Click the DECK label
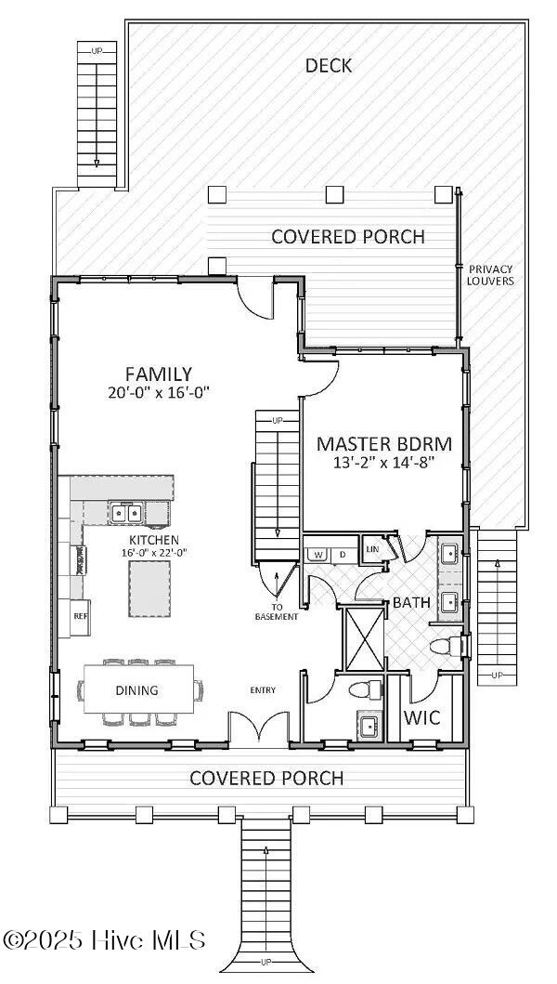328,65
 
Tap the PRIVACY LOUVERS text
491,275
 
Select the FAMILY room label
158,374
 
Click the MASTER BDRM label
384,444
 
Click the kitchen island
149,589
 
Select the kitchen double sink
126,513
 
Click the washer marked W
317,555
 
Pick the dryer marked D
343,555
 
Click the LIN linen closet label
373,549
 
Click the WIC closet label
421,716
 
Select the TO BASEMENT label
277,611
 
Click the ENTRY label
263,690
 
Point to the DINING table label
136,690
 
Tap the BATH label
411,603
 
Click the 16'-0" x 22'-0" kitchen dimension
154,553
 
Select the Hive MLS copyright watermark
105,939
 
